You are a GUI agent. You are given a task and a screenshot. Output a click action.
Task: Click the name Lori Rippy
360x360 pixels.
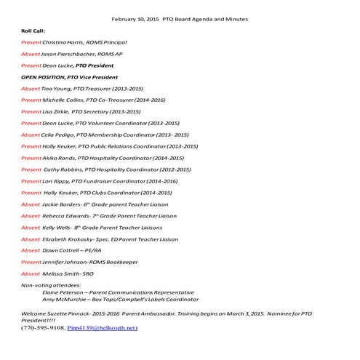(57, 180)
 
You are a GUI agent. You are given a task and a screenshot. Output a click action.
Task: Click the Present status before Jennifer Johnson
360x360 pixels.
(32, 261)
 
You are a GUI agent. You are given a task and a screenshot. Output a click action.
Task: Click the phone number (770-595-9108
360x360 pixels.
(43, 328)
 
